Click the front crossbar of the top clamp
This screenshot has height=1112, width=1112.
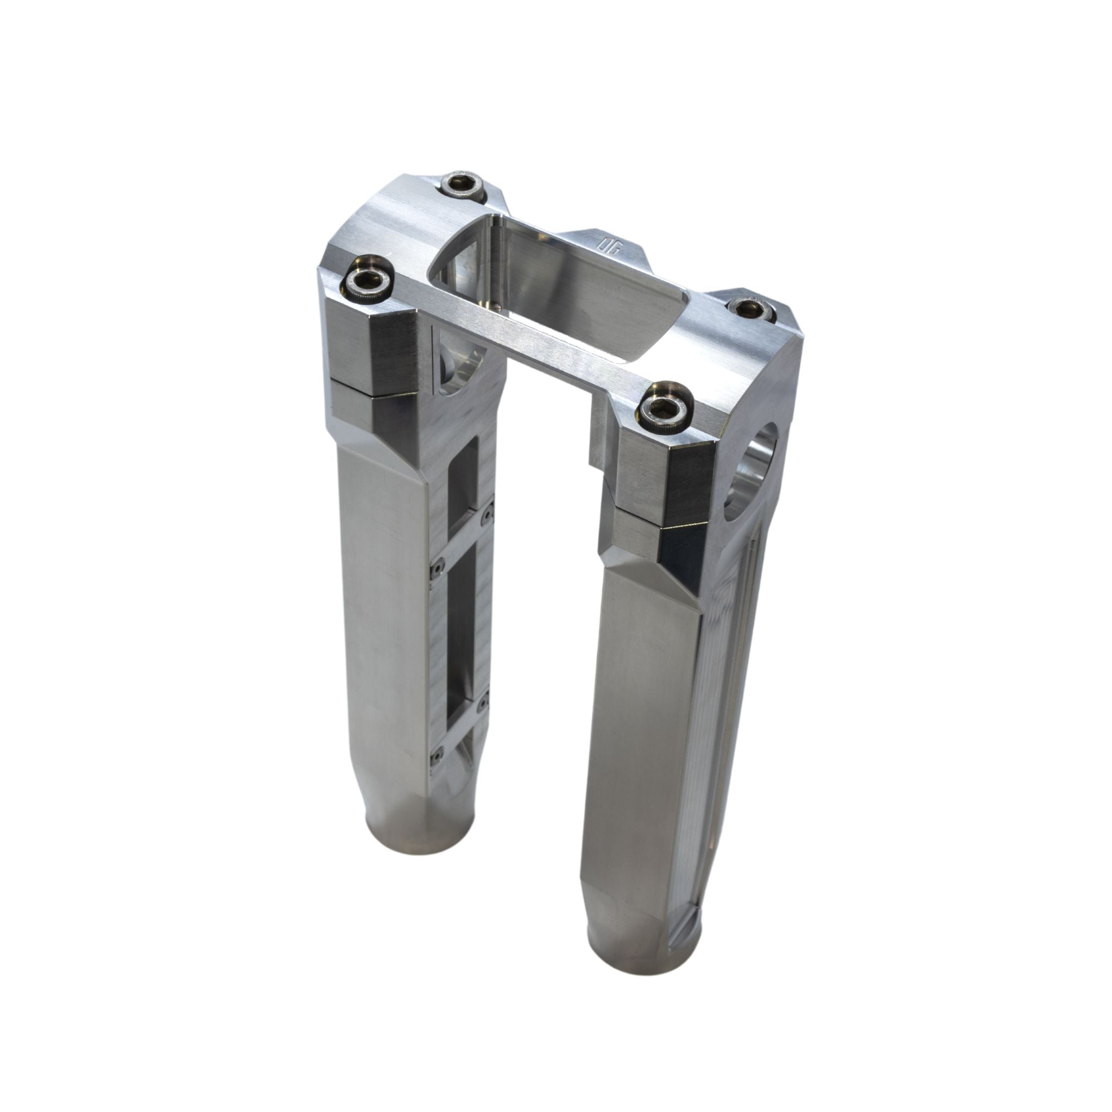coord(535,345)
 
